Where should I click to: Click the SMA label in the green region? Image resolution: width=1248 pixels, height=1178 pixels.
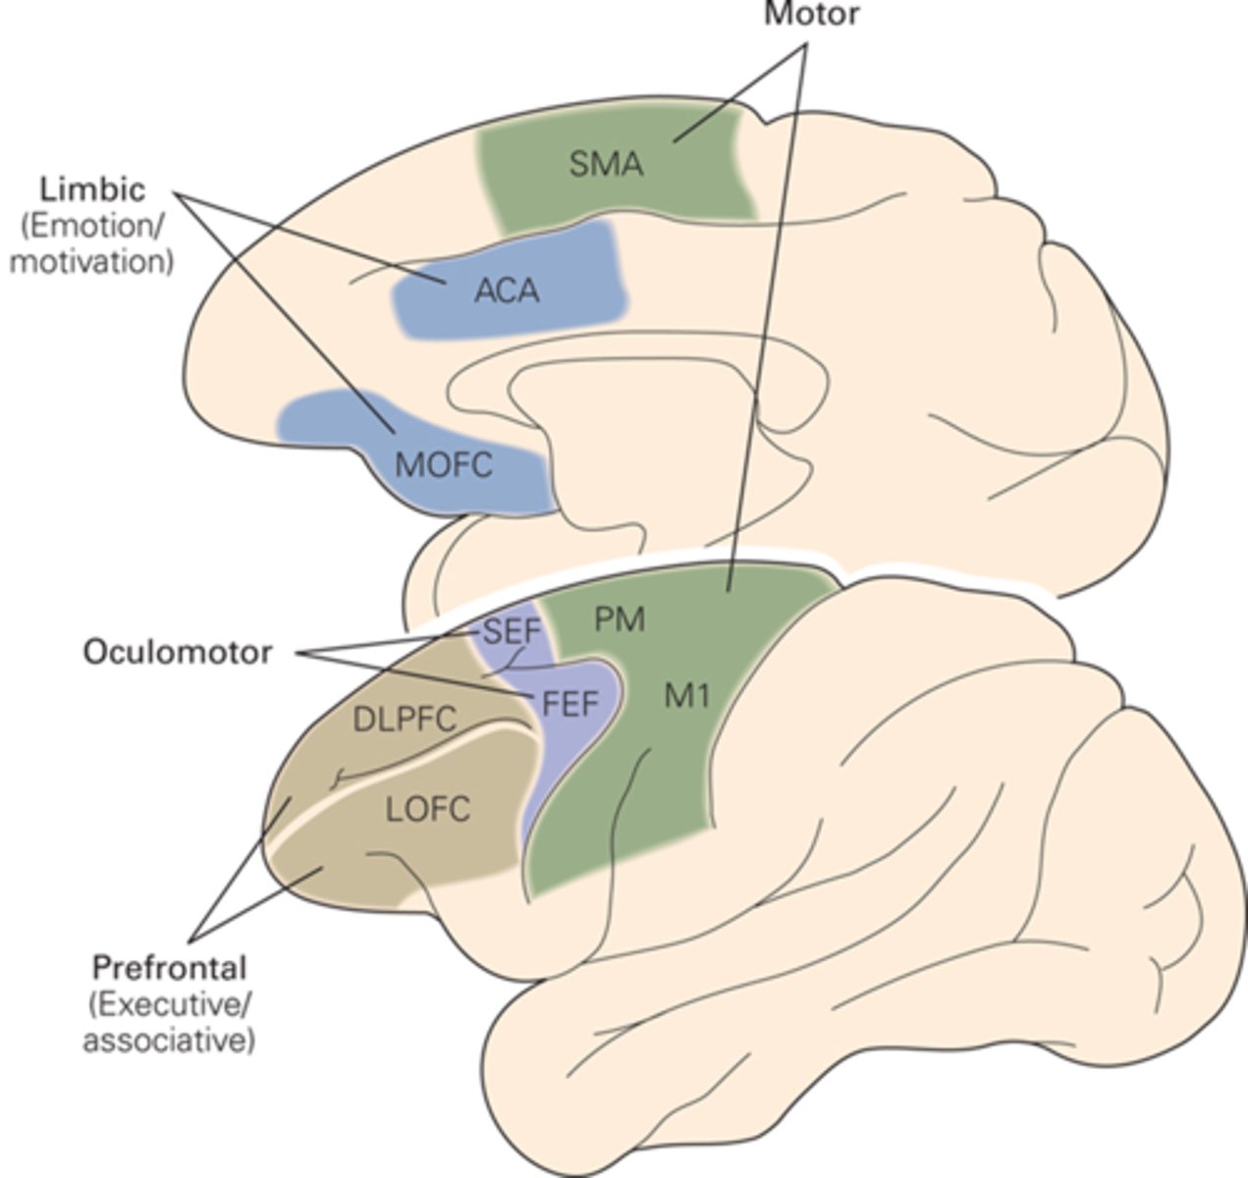coord(606,164)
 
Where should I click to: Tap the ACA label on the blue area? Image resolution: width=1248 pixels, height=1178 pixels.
coord(507,292)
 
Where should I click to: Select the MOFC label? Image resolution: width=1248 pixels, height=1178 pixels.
coord(443,464)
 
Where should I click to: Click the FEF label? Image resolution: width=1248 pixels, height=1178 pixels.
coord(570,703)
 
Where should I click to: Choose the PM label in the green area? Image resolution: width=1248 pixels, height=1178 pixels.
coord(620,620)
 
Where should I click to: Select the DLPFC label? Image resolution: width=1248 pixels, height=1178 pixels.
coord(404,720)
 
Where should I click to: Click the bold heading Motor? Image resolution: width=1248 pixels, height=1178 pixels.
coord(811,15)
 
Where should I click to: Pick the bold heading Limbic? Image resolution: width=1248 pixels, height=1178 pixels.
coord(92,188)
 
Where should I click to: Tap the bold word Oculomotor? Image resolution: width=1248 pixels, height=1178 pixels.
coord(177,652)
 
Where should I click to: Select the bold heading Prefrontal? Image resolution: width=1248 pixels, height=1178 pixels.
coord(169,968)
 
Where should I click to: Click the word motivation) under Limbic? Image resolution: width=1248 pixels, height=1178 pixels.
coord(92,262)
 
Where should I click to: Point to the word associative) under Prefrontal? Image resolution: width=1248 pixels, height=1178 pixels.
coord(169,1040)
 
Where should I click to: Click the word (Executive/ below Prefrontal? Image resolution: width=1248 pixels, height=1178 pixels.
coord(169,1004)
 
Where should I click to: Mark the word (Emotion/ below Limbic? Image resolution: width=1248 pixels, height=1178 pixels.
coord(92,226)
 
